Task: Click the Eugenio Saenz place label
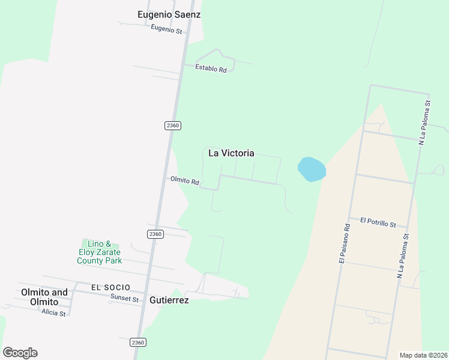169,14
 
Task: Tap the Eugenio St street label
166,29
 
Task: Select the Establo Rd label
211,68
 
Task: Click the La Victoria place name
231,153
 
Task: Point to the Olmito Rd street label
184,180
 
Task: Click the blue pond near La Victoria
312,169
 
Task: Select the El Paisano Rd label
344,244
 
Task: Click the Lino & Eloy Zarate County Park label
100,252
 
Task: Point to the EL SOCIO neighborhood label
111,287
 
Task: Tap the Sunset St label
124,299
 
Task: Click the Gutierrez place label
169,300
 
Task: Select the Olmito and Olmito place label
44,298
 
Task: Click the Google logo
20,353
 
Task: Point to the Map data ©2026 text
423,355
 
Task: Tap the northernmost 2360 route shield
172,125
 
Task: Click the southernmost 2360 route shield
137,342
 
